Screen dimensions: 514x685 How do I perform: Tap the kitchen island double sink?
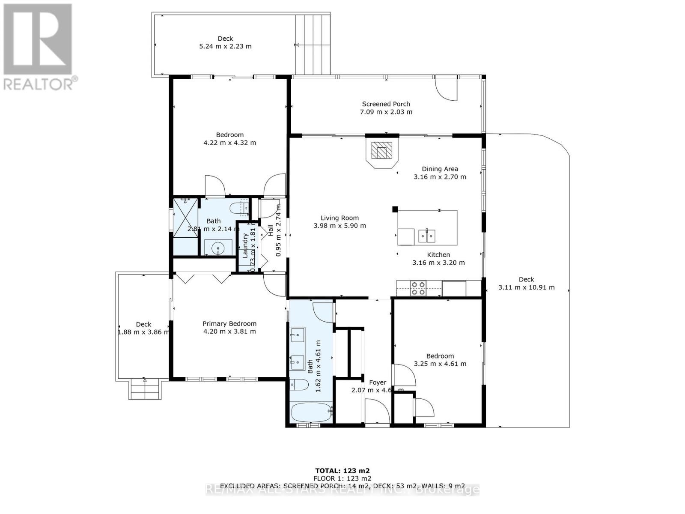(x=427, y=235)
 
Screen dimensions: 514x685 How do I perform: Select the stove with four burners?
(x=418, y=288)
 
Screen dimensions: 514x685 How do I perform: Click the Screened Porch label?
(x=386, y=104)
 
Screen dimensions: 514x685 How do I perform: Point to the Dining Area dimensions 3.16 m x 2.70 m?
(x=440, y=176)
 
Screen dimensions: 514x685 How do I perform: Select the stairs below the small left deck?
(x=146, y=390)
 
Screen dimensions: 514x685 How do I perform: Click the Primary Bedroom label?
(x=229, y=324)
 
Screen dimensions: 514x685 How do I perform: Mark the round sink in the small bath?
(x=218, y=248)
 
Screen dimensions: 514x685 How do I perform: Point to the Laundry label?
(x=245, y=245)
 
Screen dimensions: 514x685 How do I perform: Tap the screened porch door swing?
(x=446, y=89)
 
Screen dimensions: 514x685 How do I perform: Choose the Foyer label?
(x=377, y=383)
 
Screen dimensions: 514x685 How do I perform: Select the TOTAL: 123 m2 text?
(x=342, y=470)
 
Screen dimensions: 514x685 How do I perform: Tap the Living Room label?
(x=340, y=218)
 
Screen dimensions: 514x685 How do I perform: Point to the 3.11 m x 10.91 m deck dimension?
(x=526, y=287)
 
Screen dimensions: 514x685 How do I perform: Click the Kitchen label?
(x=438, y=255)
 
